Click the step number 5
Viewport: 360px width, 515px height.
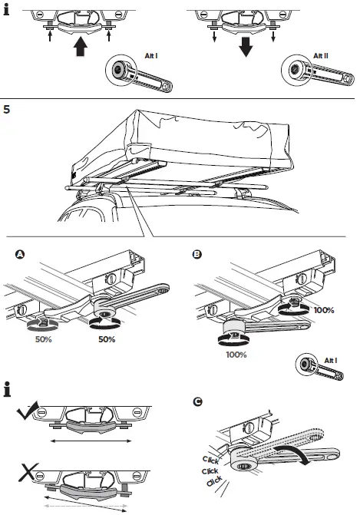[8, 110]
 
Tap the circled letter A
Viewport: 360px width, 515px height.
[19, 253]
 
